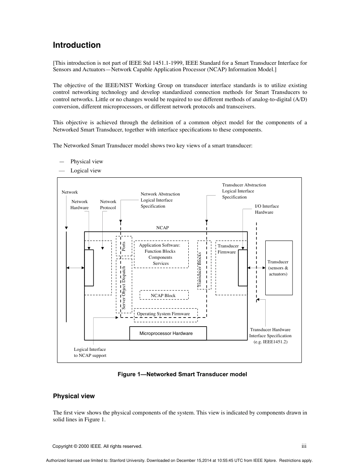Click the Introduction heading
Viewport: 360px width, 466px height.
point(77,45)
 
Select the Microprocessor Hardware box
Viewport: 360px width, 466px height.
point(168,333)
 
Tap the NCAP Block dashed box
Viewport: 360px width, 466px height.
point(163,295)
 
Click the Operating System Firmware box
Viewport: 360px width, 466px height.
point(165,314)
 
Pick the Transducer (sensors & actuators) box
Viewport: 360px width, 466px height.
point(279,267)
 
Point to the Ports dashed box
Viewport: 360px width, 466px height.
point(124,246)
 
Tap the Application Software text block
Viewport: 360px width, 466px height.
point(161,254)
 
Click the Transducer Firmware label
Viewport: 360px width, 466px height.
point(228,249)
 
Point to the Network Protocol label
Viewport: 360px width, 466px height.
point(108,205)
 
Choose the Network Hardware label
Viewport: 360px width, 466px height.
point(79,205)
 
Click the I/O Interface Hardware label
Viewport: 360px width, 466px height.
point(266,209)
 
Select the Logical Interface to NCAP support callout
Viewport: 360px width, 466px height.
point(90,352)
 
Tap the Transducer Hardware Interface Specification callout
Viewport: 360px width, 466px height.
point(270,336)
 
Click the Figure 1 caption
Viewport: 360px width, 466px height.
point(182,374)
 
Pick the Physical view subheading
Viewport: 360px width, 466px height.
point(74,396)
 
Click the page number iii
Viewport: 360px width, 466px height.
point(304,446)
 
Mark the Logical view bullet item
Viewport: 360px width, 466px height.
point(86,170)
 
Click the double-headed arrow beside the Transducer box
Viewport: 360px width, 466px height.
point(256,267)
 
